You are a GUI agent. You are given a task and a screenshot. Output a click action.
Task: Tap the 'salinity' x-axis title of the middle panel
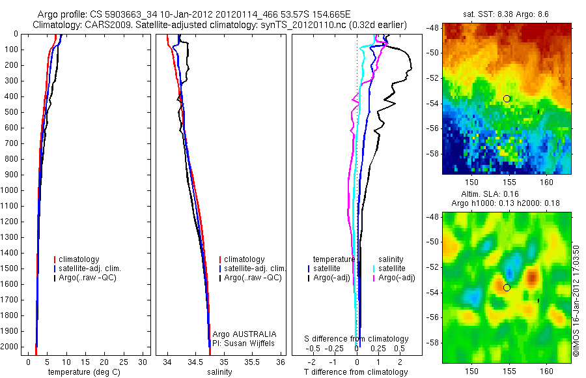[x=219, y=372]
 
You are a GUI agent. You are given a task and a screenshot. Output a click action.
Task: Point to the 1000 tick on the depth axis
[x=10, y=191]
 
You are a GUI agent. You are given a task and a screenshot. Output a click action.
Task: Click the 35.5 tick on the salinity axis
[x=252, y=362]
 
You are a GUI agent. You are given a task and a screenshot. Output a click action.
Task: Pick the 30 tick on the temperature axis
[x=144, y=362]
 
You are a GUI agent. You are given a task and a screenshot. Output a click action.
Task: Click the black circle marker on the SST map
[x=507, y=98]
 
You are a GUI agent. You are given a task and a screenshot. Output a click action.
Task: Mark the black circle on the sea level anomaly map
[x=507, y=287]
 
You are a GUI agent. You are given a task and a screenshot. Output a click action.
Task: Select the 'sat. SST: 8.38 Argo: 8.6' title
[x=506, y=13]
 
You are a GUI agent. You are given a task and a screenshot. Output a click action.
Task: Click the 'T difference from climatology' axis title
[x=356, y=372]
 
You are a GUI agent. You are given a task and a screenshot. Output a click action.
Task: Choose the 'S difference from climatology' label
[x=357, y=339]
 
